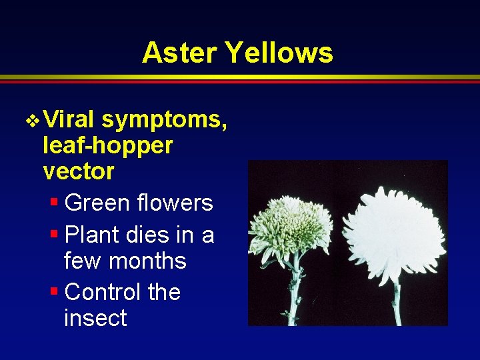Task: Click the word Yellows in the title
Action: [x=281, y=52]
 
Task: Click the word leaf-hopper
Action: [x=107, y=146]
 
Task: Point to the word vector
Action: [x=78, y=171]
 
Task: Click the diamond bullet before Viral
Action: [x=32, y=121]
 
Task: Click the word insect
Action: [x=95, y=318]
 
